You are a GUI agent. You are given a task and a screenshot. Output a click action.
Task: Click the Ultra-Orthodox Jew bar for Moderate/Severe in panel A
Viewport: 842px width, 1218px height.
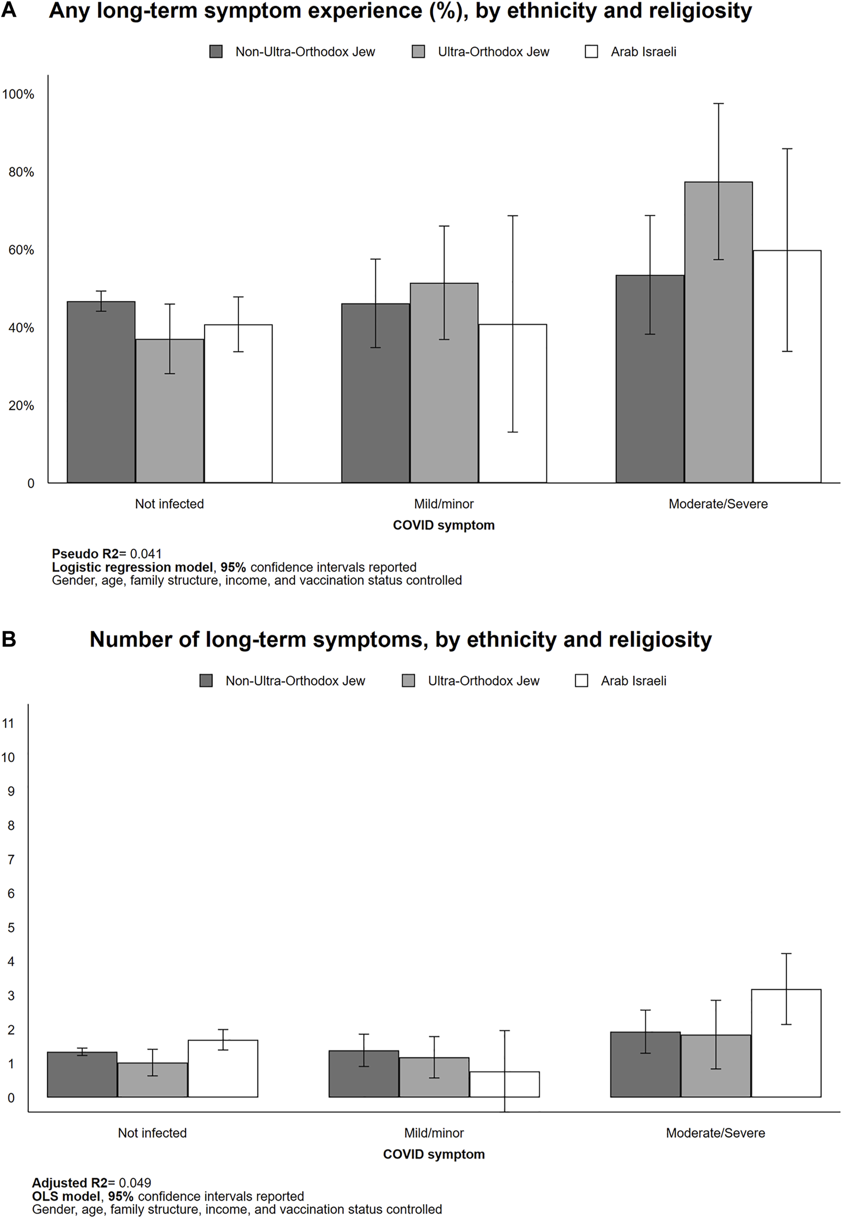(718, 332)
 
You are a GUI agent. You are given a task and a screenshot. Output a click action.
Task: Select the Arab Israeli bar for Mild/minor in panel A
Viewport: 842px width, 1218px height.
(513, 404)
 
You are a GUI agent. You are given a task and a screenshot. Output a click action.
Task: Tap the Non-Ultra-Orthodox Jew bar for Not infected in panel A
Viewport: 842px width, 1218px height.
(101, 392)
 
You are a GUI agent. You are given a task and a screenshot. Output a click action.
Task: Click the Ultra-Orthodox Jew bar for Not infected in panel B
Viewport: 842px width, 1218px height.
(153, 1080)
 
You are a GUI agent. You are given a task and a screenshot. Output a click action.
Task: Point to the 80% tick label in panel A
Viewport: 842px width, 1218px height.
(21, 172)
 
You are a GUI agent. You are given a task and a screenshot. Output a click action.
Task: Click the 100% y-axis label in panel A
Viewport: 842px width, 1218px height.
(18, 95)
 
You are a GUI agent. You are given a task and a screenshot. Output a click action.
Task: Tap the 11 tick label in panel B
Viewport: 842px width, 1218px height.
(8, 723)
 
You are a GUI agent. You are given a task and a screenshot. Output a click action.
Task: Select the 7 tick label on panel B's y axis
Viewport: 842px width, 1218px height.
(11, 859)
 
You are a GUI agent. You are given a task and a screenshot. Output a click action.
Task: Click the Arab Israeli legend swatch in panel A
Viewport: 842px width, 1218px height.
(591, 52)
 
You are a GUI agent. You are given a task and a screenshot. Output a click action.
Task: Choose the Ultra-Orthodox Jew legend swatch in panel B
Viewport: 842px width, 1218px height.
(408, 680)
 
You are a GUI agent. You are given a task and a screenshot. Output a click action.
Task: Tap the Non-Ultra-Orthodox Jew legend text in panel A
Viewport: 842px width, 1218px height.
(305, 52)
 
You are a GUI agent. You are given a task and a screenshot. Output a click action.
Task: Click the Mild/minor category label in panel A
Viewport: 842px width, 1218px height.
(443, 504)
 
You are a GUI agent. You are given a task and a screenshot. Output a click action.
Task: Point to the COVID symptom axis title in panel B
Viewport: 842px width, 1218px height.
(434, 1154)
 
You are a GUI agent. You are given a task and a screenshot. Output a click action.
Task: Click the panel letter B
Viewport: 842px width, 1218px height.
(9, 639)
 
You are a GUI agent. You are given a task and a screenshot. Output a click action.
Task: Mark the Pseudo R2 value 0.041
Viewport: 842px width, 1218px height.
(145, 554)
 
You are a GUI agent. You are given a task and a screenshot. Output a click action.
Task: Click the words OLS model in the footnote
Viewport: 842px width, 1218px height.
(66, 1196)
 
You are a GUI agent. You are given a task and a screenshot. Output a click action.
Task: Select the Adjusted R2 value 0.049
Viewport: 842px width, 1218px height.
(135, 1182)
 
